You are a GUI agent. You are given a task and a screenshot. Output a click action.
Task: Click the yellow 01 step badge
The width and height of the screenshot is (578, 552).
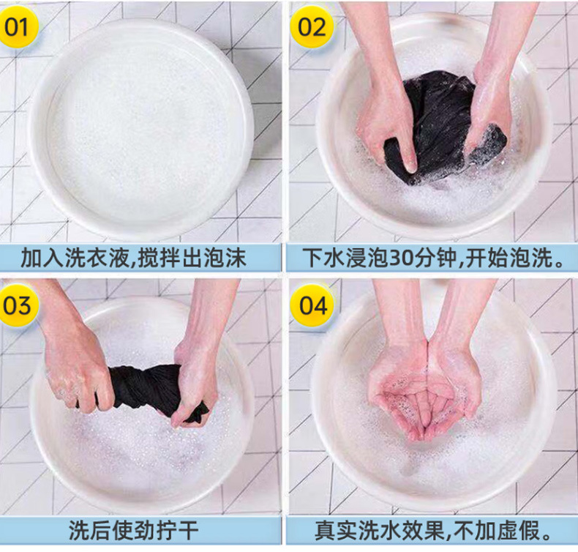click(18, 27)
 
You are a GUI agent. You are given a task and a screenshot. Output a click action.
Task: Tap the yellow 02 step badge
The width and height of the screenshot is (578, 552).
click(312, 27)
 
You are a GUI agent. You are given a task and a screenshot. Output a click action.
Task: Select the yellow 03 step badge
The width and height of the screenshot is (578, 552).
click(18, 305)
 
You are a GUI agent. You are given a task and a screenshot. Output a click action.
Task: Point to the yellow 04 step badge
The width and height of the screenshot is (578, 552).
click(312, 305)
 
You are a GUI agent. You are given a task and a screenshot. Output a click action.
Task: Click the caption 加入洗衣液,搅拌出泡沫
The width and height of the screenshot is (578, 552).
click(133, 258)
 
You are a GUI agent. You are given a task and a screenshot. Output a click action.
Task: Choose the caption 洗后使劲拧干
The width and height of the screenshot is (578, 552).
click(133, 531)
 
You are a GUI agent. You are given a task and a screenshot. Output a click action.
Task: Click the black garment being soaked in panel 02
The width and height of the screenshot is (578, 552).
click(443, 125)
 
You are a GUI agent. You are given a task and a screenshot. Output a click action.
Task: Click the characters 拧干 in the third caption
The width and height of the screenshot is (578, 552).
click(177, 531)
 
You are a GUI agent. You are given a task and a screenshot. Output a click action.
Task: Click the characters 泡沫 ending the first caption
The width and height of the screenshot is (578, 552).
click(225, 258)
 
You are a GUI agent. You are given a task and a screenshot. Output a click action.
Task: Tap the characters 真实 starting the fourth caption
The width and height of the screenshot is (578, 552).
click(336, 531)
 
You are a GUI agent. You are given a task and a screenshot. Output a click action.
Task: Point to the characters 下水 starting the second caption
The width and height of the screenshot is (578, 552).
click(324, 258)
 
